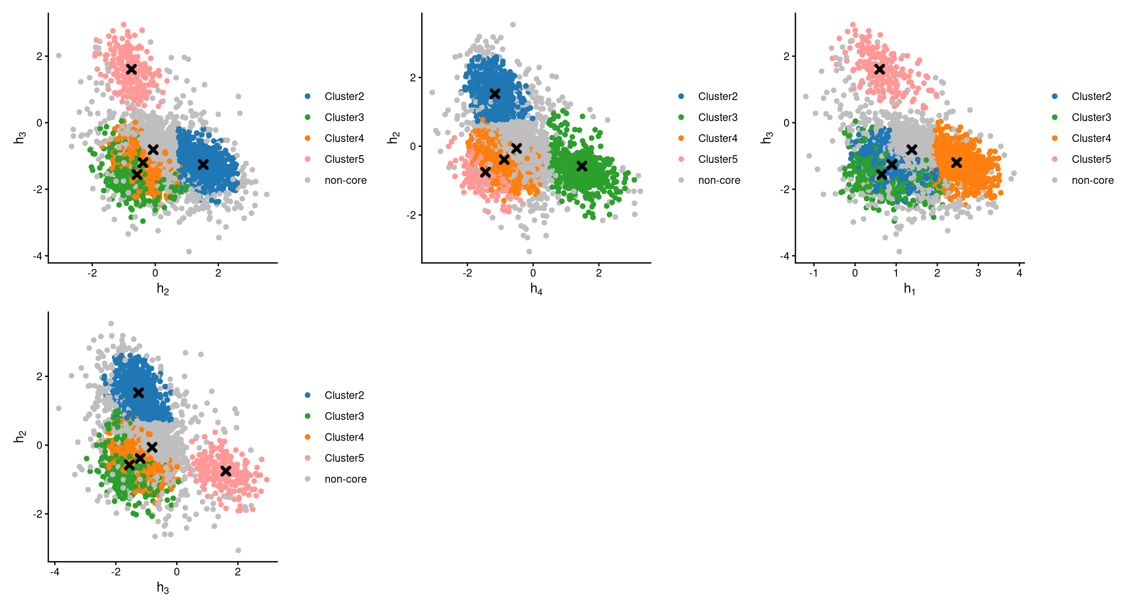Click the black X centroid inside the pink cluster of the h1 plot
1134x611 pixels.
coord(880,69)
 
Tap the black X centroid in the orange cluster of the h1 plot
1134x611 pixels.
coord(956,162)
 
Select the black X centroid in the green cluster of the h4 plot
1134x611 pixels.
coord(582,166)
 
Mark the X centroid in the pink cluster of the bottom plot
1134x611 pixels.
coord(226,471)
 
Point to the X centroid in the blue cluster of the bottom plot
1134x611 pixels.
coord(139,392)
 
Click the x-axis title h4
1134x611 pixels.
coord(536,289)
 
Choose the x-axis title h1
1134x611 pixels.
coord(910,289)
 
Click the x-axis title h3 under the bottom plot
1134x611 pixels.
coord(163,588)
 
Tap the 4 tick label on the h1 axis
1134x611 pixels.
coord(1020,273)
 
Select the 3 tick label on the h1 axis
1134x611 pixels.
coord(978,273)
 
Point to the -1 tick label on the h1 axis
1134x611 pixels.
coord(813,273)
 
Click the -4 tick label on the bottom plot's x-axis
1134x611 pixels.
coord(55,572)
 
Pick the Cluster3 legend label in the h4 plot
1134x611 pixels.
coord(718,117)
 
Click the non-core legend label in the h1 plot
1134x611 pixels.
coord(1093,180)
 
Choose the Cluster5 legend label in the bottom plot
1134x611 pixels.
coord(344,458)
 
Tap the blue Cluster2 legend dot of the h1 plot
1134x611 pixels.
coord(1054,96)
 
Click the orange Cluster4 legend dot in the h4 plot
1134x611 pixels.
coord(681,138)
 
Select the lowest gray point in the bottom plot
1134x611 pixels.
coord(238,550)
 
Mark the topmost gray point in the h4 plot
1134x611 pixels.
coord(512,25)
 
